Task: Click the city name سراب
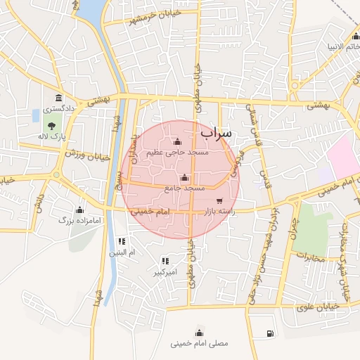click(216, 131)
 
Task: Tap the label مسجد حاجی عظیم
click(176, 152)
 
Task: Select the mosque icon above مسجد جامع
click(185, 178)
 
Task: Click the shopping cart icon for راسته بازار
click(220, 201)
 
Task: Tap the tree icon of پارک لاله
click(53, 125)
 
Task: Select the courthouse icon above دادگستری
click(57, 98)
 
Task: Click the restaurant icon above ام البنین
click(122, 241)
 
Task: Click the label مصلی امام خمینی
click(200, 345)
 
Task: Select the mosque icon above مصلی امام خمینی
click(200, 333)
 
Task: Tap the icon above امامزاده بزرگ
click(79, 209)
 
